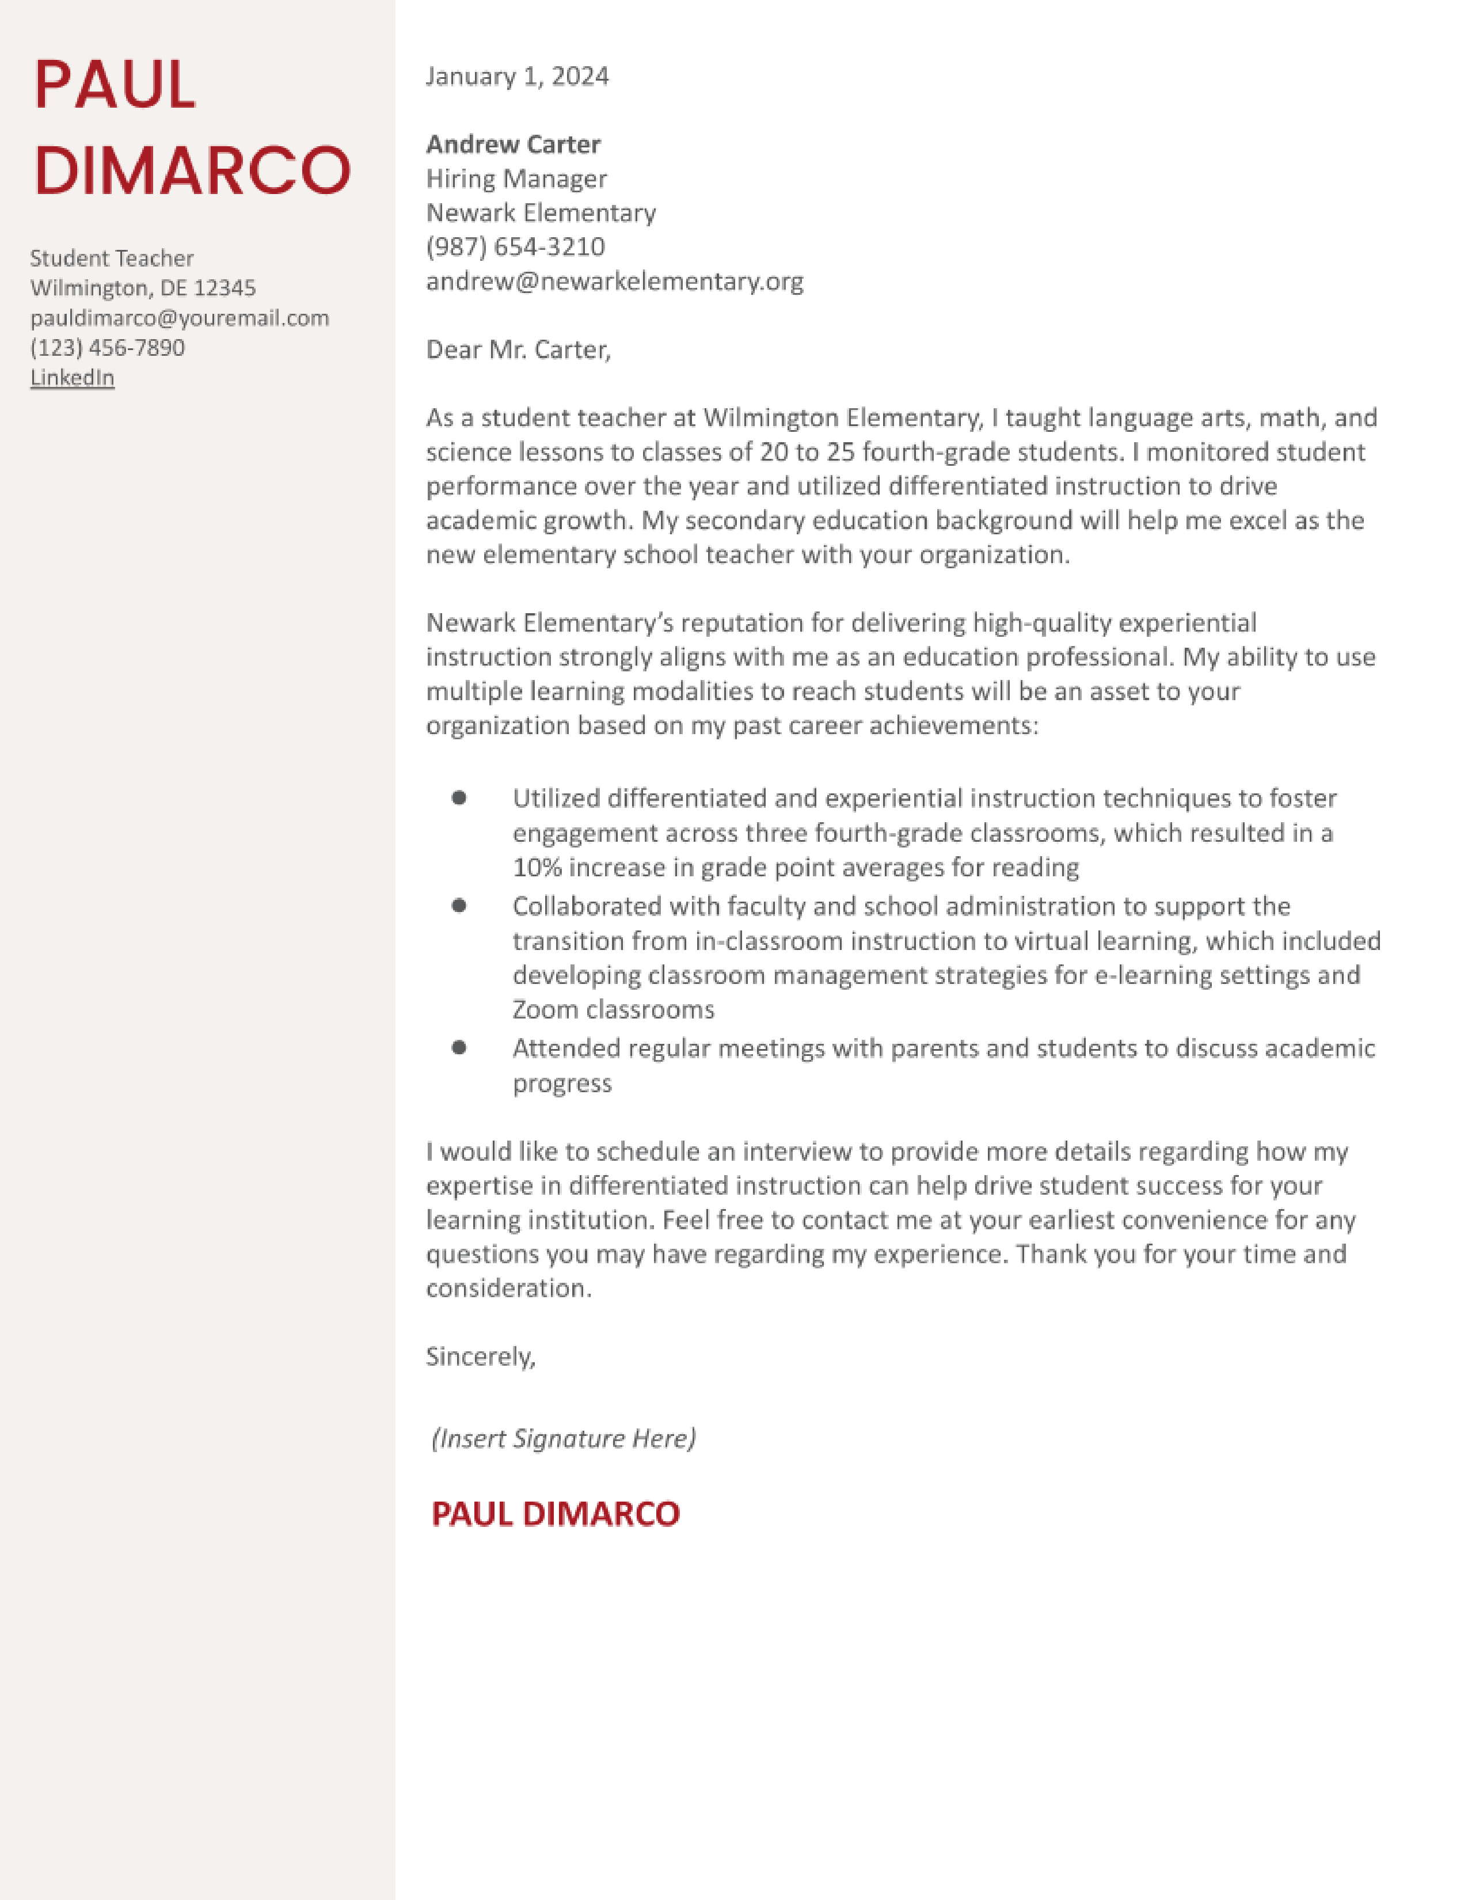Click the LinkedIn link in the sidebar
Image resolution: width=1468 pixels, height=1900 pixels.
pos(72,378)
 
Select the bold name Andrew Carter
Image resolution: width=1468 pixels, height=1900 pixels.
pos(513,145)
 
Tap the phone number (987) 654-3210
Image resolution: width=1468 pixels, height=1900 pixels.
pos(515,247)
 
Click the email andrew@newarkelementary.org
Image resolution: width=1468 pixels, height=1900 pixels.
pos(614,281)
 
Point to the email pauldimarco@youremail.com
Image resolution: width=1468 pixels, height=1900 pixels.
pos(179,318)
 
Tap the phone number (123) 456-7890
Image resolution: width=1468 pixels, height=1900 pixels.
pos(107,348)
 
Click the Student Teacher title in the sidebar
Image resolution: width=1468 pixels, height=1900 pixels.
pos(111,259)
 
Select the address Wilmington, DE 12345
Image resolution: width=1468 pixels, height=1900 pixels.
pos(143,288)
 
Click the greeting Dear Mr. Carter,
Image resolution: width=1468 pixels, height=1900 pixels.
pos(518,349)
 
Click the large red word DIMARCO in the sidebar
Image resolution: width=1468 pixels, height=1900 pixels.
pos(192,170)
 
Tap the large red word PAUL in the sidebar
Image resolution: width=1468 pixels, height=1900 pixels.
pos(115,85)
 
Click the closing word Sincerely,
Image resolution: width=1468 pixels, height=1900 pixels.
pos(480,1356)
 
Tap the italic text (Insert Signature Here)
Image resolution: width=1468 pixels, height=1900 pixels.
pos(564,1438)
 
